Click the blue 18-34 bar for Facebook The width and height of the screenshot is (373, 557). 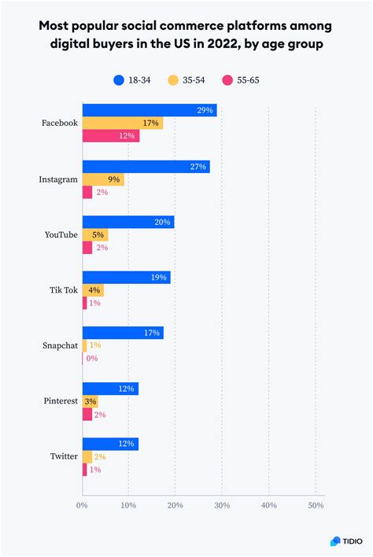pos(150,111)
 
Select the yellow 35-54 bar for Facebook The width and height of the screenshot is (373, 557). pos(122,124)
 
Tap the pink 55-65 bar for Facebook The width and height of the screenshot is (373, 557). pos(111,137)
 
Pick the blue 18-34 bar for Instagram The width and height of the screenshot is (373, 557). pos(146,167)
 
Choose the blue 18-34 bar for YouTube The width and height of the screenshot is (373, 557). pos(127,223)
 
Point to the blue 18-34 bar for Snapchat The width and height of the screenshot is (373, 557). pos(122,333)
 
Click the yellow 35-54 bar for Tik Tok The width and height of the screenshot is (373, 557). pos(93,290)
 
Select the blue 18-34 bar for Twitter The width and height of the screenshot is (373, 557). pos(110,444)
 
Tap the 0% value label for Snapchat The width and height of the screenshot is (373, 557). pos(92,359)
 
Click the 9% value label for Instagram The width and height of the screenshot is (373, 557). pos(114,179)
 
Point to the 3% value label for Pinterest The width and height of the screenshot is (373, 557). pos(91,402)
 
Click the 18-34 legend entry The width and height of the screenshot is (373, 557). pos(134,79)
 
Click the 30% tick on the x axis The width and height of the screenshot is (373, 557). pos(222,505)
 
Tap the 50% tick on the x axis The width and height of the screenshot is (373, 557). pos(315,505)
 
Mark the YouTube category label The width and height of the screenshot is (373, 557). pos(61,234)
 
